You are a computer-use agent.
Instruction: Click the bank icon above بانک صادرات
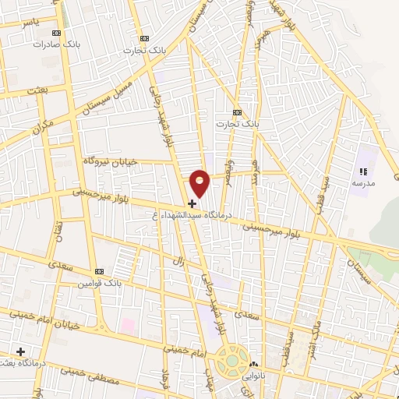[55, 33]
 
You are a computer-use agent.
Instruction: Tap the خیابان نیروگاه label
[110, 161]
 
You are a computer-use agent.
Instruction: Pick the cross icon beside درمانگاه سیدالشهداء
[192, 203]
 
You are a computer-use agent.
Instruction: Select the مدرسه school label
[363, 182]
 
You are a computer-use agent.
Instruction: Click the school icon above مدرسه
[363, 171]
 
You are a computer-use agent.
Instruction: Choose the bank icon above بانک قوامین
[99, 271]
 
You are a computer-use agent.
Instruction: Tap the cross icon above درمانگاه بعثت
[21, 351]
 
